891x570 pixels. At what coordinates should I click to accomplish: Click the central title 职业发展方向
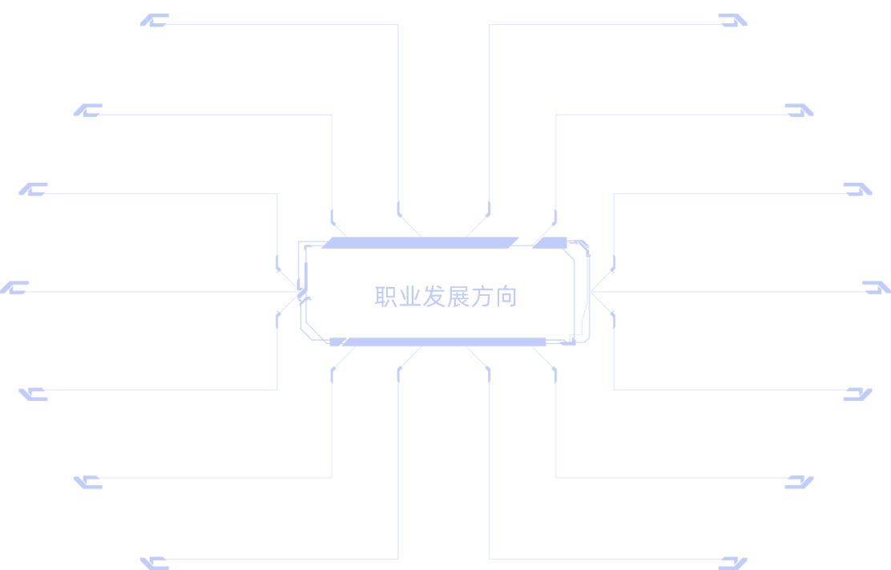445,297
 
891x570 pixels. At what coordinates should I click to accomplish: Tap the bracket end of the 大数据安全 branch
87,111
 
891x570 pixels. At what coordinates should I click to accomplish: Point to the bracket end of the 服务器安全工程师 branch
857,392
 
